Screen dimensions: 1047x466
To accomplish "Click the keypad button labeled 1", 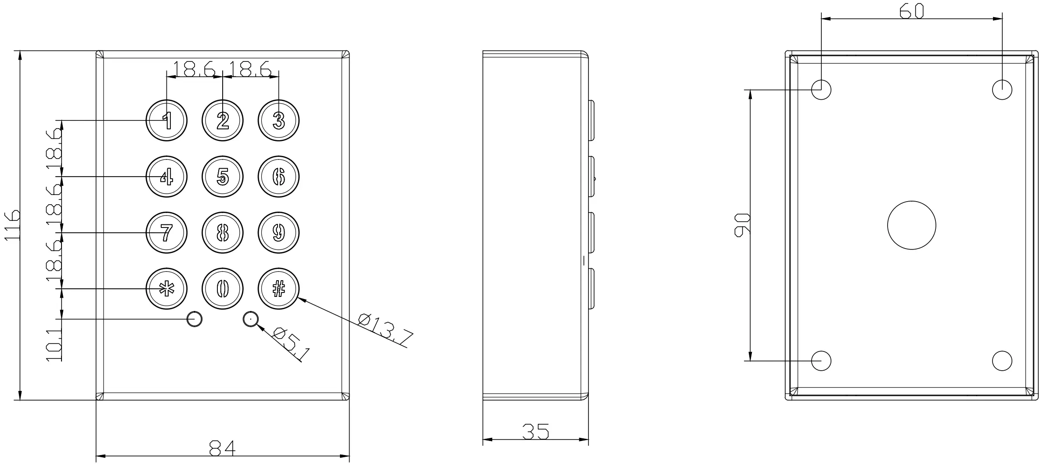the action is coord(166,120).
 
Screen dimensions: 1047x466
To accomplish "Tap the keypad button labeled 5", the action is coord(223,177).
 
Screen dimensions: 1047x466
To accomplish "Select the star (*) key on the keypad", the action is coord(166,289).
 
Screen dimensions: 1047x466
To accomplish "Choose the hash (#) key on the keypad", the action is coord(279,289).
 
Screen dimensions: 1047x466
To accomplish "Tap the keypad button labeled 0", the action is coord(223,289).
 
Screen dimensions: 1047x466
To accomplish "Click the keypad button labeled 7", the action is coord(166,233).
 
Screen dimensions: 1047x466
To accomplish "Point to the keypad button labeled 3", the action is coord(279,120).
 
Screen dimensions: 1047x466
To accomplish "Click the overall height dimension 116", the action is coord(12,225).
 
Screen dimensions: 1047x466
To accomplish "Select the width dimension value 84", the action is coord(222,448).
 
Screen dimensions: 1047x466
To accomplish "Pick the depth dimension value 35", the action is coord(536,431).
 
